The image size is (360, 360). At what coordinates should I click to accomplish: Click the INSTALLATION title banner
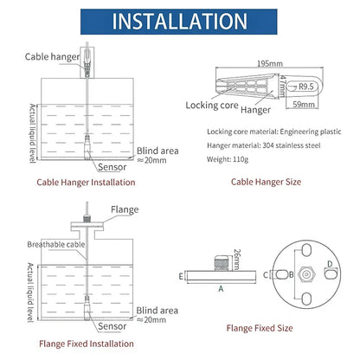pos(179,21)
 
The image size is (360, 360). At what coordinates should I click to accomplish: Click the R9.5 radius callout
pos(305,87)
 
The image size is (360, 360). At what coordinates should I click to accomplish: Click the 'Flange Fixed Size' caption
pos(259,328)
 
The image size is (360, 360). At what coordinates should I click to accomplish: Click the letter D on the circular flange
pos(328,264)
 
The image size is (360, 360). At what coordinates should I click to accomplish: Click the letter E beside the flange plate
pos(180,277)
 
